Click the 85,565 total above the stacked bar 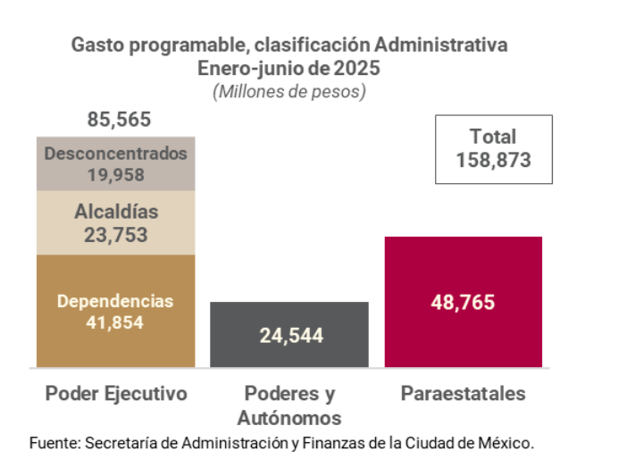(x=119, y=119)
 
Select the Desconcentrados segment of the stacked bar (x=116, y=163)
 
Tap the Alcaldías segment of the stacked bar (x=116, y=223)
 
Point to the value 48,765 (x=463, y=302)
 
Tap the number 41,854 (x=115, y=322)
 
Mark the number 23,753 (x=116, y=236)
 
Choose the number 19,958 (x=116, y=175)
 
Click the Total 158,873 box (x=493, y=149)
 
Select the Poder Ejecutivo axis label (x=116, y=394)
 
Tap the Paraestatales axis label (x=463, y=394)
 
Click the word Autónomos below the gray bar (x=289, y=417)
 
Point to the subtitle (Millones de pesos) (x=289, y=91)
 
